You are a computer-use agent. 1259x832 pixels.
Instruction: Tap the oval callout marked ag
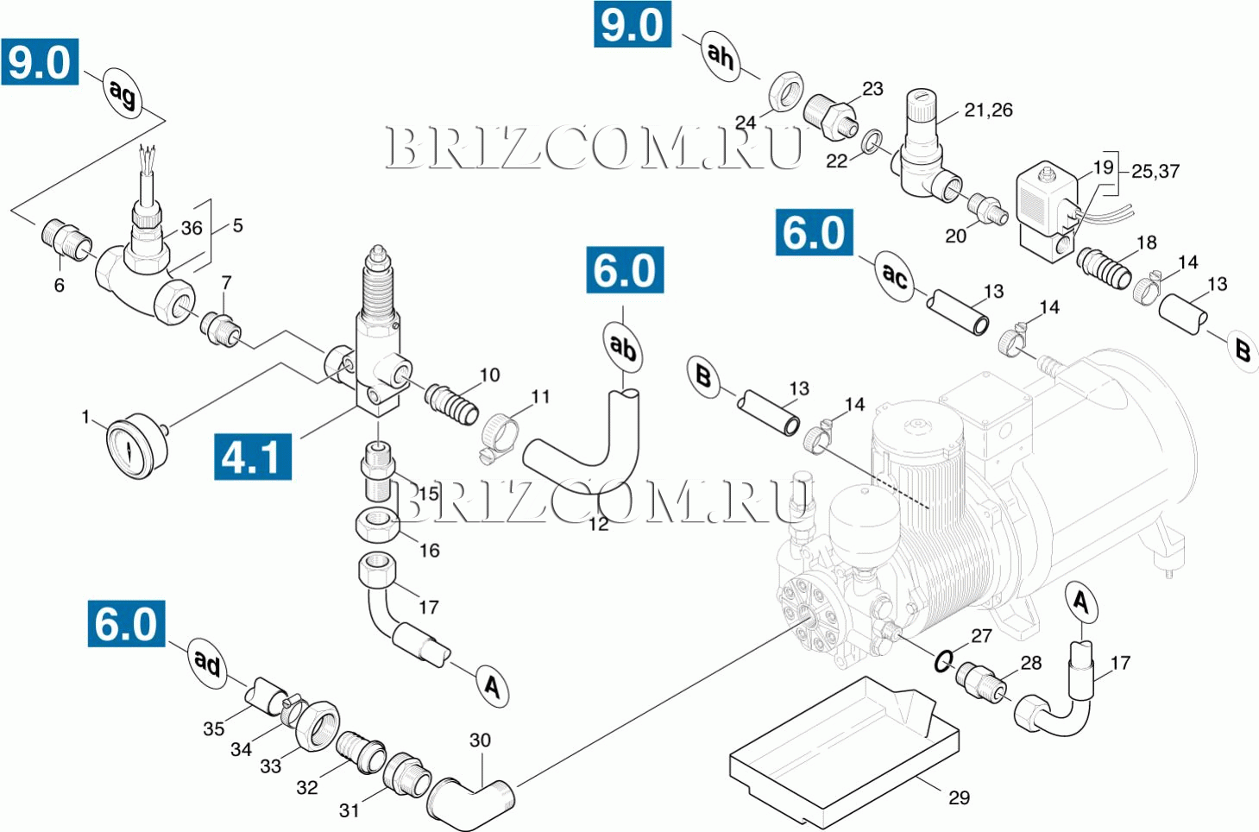tap(123, 92)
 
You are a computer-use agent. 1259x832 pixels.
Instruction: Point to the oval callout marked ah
tap(720, 55)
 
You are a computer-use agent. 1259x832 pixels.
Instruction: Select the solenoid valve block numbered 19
tap(1047, 211)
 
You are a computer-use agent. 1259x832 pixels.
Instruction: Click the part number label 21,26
tap(988, 110)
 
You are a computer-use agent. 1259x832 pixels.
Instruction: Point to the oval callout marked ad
tap(207, 663)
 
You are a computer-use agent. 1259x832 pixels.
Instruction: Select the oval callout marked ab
tap(622, 347)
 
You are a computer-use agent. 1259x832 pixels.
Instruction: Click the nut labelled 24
tap(784, 91)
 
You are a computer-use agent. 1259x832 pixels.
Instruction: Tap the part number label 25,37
tap(1155, 172)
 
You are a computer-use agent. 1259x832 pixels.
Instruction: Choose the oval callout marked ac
tap(895, 276)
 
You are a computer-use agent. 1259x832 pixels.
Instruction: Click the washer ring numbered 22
tap(872, 141)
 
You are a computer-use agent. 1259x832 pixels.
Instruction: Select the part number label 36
tap(192, 229)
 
